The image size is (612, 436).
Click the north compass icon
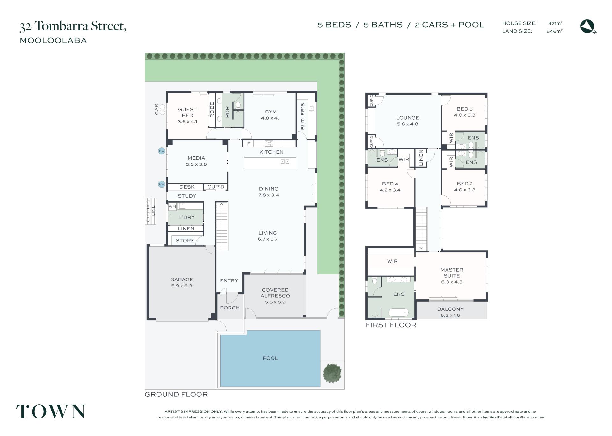tap(588, 26)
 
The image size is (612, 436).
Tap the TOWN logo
tap(51, 411)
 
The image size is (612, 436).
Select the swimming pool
tap(270, 358)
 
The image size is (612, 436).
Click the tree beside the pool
tap(332, 373)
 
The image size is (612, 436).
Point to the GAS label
tap(157, 109)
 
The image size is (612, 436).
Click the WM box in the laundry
tap(172, 207)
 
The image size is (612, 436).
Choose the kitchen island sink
tap(285, 162)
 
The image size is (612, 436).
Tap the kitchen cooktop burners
tap(269, 143)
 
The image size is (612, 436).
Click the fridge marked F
tap(249, 144)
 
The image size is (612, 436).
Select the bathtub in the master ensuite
tap(398, 312)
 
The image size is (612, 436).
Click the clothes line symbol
tap(150, 211)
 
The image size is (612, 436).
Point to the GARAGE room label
tap(182, 280)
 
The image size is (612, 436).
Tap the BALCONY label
tap(450, 309)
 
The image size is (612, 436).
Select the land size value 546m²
tap(554, 31)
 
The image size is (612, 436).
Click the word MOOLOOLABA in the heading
tap(53, 40)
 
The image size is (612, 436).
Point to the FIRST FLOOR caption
tap(391, 325)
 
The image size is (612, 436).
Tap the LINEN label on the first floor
tap(421, 158)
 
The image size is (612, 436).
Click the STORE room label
tap(185, 241)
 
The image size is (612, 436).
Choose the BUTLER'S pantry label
tap(303, 116)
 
